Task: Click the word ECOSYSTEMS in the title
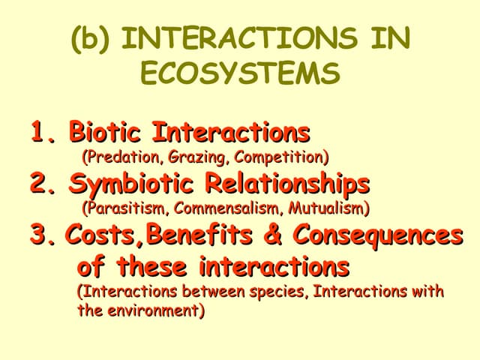click(x=239, y=74)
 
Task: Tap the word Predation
click(x=112, y=157)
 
